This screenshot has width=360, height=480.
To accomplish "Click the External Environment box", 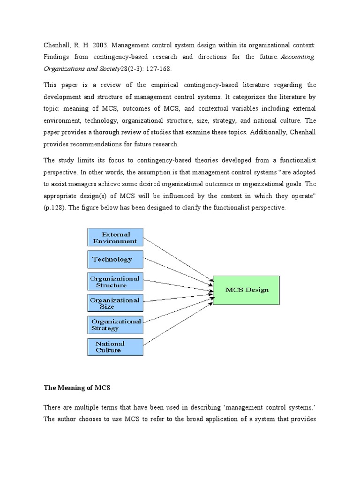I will click(115, 237).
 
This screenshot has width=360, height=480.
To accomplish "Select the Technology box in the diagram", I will click(115, 259).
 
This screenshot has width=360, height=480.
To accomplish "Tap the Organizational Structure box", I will click(115, 281).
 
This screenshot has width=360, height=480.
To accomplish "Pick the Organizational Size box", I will click(115, 303).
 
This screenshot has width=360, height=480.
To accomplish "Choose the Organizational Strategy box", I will click(115, 325).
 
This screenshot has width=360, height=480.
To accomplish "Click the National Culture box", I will click(115, 346).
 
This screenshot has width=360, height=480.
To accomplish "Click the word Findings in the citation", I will click(58, 57).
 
